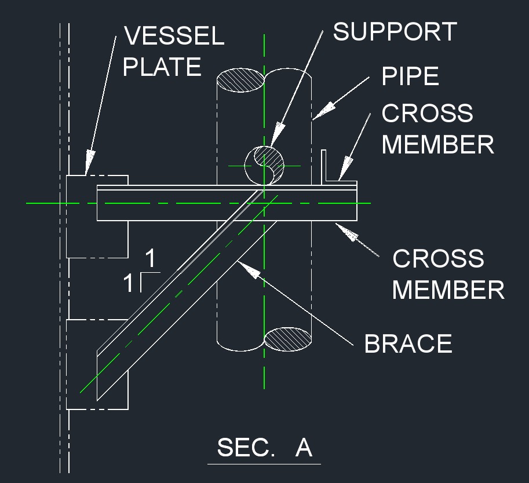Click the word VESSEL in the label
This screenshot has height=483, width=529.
(x=174, y=36)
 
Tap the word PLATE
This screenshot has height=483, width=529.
(x=162, y=67)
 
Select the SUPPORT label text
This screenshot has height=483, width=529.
(x=395, y=32)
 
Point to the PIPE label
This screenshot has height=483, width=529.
(x=410, y=76)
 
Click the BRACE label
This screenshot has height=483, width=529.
(x=408, y=344)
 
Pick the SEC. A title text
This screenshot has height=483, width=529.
(x=264, y=448)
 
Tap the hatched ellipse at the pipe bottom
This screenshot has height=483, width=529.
(x=288, y=339)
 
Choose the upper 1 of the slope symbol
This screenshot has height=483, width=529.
(x=151, y=257)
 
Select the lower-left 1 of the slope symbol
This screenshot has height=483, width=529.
(x=128, y=284)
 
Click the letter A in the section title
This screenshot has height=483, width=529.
(x=304, y=448)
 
